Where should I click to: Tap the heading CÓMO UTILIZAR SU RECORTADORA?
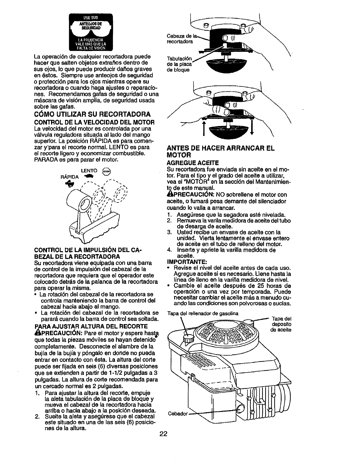click(92, 113)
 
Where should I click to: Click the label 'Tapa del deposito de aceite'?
click(281, 324)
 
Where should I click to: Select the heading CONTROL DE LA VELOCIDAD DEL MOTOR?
click(94, 122)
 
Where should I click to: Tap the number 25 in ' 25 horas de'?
click(245, 285)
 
